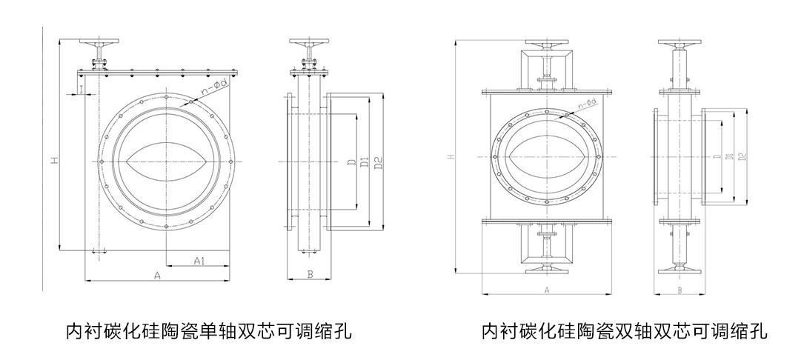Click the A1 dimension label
199,260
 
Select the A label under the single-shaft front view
157,276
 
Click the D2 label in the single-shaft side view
378,163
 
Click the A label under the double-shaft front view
546,290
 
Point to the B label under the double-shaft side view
680,290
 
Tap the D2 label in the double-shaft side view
742,156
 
